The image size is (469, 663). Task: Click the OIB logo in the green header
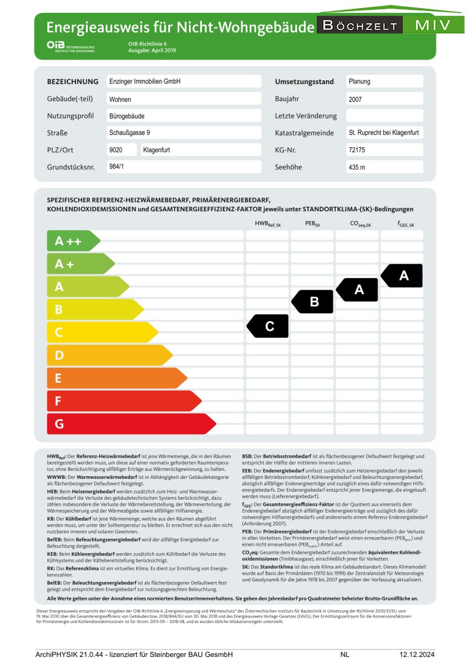[x=71, y=46]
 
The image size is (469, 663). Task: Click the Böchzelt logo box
[x=360, y=25]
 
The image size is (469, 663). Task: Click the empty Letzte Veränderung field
[x=384, y=116]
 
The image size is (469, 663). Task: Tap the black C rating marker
[x=268, y=326]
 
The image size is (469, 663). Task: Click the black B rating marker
[x=312, y=301]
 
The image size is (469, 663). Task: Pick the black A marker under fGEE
[x=402, y=276]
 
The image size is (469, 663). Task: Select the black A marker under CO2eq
[x=358, y=289]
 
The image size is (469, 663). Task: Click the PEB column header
[x=312, y=225]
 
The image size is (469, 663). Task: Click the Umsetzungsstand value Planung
[x=384, y=82]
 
